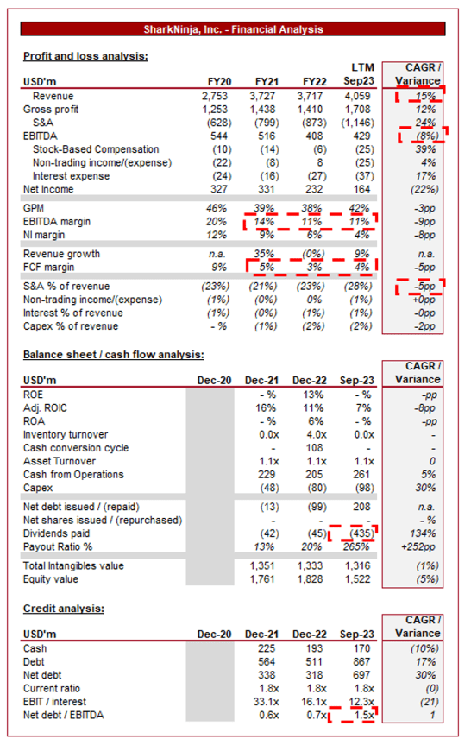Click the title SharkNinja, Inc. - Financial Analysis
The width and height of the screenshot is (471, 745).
[233, 29]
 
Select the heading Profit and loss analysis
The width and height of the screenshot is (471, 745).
[85, 56]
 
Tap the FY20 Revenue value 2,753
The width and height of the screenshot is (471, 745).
[215, 96]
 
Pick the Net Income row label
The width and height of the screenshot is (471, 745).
[48, 189]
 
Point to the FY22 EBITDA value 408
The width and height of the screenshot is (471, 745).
[314, 136]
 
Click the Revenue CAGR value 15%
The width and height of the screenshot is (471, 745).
[425, 96]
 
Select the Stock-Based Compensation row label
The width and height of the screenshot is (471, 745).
[96, 149]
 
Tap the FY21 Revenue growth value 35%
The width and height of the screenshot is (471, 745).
[264, 254]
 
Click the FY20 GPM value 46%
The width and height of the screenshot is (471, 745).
[216, 208]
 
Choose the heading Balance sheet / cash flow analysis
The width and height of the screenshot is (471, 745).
[114, 355]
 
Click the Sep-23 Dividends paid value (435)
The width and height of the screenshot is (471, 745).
[361, 533]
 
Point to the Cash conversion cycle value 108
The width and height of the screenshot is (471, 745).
[314, 448]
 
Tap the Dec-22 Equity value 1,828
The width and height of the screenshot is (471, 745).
[310, 579]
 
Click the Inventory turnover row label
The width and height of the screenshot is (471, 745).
[66, 435]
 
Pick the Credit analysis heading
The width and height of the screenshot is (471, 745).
[64, 609]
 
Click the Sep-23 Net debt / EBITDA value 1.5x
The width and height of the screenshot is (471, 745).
[364, 715]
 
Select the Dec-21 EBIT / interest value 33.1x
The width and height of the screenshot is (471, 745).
[267, 702]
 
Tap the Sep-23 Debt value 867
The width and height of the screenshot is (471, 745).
[361, 662]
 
